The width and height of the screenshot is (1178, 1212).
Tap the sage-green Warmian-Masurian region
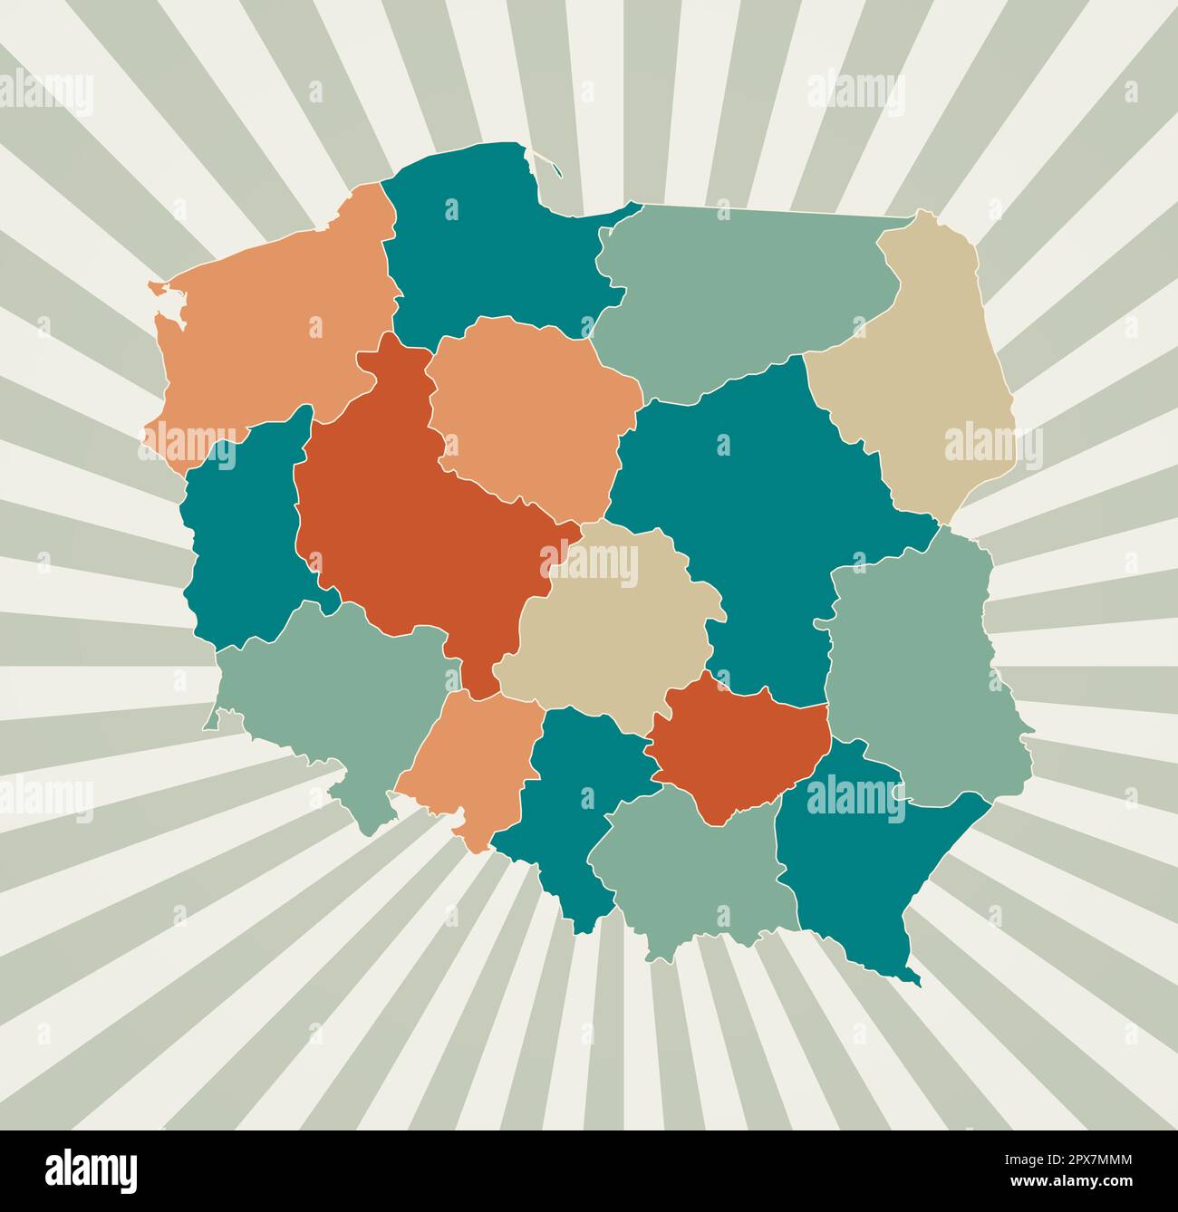tap(743, 290)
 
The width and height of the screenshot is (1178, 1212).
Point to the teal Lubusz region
tap(240, 543)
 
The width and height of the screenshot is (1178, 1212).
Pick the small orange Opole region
tap(471, 761)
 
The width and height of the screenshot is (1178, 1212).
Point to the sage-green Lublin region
tap(915, 670)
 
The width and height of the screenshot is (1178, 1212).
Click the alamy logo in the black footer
tap(91, 1169)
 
